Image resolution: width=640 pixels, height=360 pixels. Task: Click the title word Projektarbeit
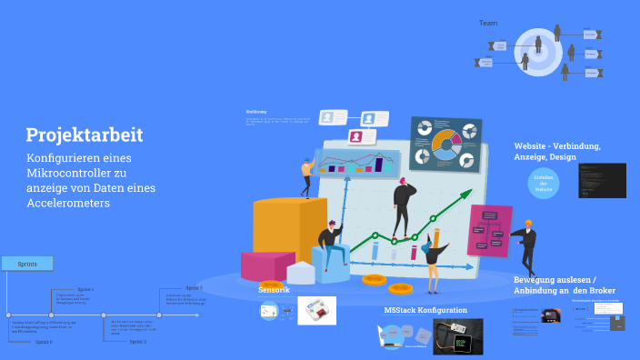[85, 135]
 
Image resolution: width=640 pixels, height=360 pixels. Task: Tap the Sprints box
[27, 264]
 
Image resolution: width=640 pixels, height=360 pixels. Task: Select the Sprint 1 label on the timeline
[85, 288]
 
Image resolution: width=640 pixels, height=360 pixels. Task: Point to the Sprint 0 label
[43, 341]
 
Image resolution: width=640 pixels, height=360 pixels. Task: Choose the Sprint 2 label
[137, 341]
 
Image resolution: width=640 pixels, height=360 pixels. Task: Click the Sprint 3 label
[194, 287]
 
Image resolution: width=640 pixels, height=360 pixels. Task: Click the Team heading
[488, 23]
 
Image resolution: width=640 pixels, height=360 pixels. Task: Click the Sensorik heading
[274, 288]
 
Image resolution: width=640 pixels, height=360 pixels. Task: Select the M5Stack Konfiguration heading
[425, 310]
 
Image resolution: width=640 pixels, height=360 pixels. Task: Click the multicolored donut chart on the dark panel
[446, 141]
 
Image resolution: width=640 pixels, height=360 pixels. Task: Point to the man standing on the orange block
[308, 176]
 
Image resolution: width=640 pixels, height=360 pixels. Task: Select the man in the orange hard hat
[526, 245]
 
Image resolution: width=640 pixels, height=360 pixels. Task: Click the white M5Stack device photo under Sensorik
[317, 310]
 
